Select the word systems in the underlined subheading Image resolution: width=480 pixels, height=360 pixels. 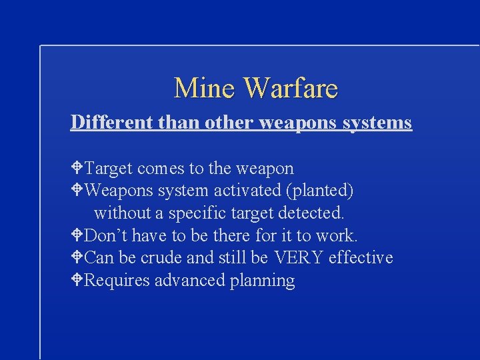click(379, 123)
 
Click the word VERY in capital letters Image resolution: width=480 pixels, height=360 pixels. click(297, 257)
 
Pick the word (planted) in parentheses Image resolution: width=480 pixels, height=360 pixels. click(319, 191)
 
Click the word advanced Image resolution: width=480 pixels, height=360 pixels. click(190, 280)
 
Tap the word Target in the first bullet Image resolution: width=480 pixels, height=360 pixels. click(108, 168)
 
